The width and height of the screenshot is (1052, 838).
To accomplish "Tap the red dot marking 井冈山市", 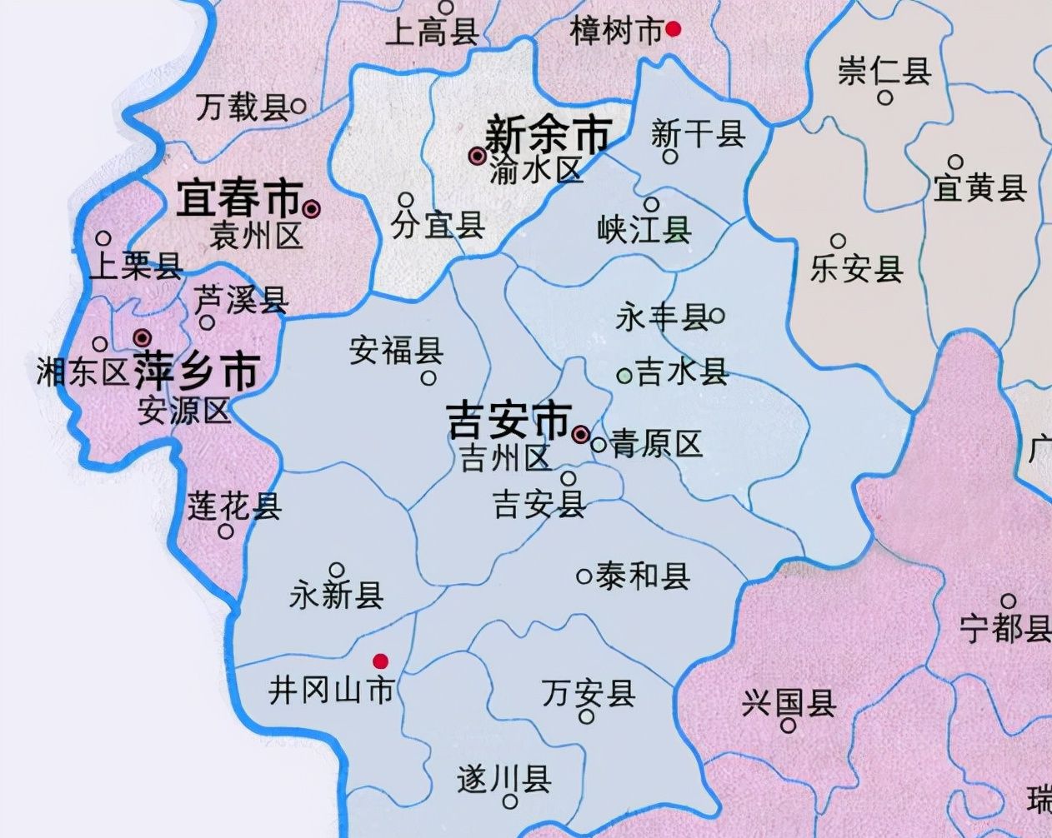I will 380,661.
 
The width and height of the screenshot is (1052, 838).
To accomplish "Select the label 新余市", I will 548,134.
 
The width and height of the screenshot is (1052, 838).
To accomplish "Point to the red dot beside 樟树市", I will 674,29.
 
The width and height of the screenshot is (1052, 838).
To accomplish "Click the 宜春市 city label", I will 238,200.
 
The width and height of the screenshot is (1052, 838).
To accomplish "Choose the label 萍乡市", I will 196,372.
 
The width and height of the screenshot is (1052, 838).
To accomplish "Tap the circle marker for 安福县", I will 428,378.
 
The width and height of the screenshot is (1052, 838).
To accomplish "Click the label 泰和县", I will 643,576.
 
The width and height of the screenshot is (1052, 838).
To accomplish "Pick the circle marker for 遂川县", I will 509,802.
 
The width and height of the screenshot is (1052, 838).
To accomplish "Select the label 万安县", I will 589,692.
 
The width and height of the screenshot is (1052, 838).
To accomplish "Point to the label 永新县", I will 337,596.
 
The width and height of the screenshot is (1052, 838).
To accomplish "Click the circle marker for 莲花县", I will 225,531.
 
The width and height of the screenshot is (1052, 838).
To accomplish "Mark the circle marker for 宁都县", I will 1008,601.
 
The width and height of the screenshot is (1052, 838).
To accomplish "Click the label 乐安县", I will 857,269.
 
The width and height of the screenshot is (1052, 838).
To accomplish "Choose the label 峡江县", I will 644,229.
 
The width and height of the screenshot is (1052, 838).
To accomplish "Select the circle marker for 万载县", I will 298,106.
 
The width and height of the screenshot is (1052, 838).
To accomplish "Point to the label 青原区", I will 657,443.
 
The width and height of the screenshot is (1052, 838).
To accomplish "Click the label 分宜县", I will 438,225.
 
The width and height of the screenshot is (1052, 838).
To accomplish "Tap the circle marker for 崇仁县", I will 885,97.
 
